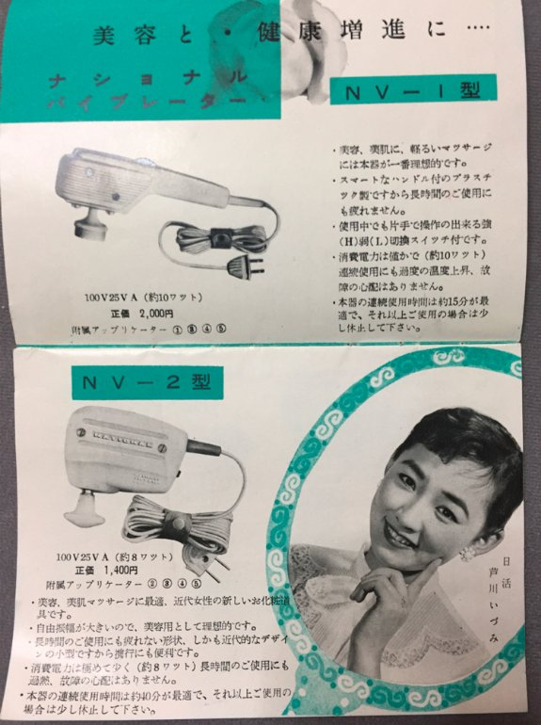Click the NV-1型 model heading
414,92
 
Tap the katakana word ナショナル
150,74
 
